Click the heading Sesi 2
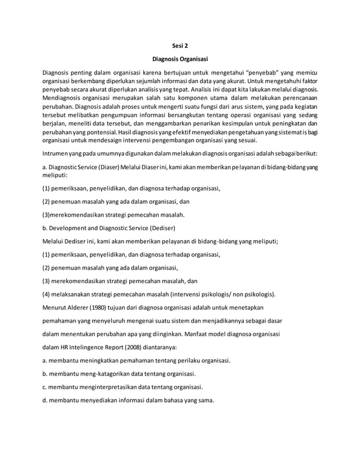[179, 45]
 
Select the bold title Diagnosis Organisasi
[179, 59]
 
